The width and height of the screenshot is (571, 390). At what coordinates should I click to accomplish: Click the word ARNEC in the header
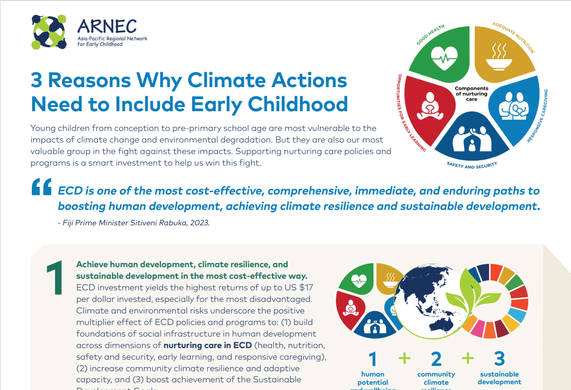(107, 26)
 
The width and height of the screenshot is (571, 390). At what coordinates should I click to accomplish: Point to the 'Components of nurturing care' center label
(472, 93)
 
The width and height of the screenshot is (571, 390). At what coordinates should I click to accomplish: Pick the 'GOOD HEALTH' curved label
(430, 35)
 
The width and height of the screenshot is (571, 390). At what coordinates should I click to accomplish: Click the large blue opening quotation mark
(41, 188)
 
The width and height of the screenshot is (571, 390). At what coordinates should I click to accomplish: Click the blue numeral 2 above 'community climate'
(436, 359)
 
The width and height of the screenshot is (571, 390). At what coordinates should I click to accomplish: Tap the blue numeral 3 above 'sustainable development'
(499, 359)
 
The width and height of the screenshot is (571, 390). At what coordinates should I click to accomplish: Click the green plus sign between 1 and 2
(405, 358)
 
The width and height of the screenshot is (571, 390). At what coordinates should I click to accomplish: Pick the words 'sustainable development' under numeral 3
(499, 378)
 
